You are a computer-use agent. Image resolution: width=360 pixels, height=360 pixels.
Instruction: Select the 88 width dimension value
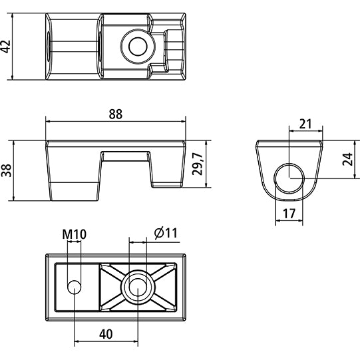[x=116, y=114]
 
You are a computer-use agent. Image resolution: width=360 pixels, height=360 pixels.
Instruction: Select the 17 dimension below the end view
[x=289, y=214]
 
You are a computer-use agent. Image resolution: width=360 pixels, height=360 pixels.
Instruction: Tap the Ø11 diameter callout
[x=166, y=233]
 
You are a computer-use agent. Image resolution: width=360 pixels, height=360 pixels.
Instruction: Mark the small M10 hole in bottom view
[x=75, y=287]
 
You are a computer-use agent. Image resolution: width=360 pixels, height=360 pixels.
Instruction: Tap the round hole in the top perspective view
[x=138, y=45]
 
